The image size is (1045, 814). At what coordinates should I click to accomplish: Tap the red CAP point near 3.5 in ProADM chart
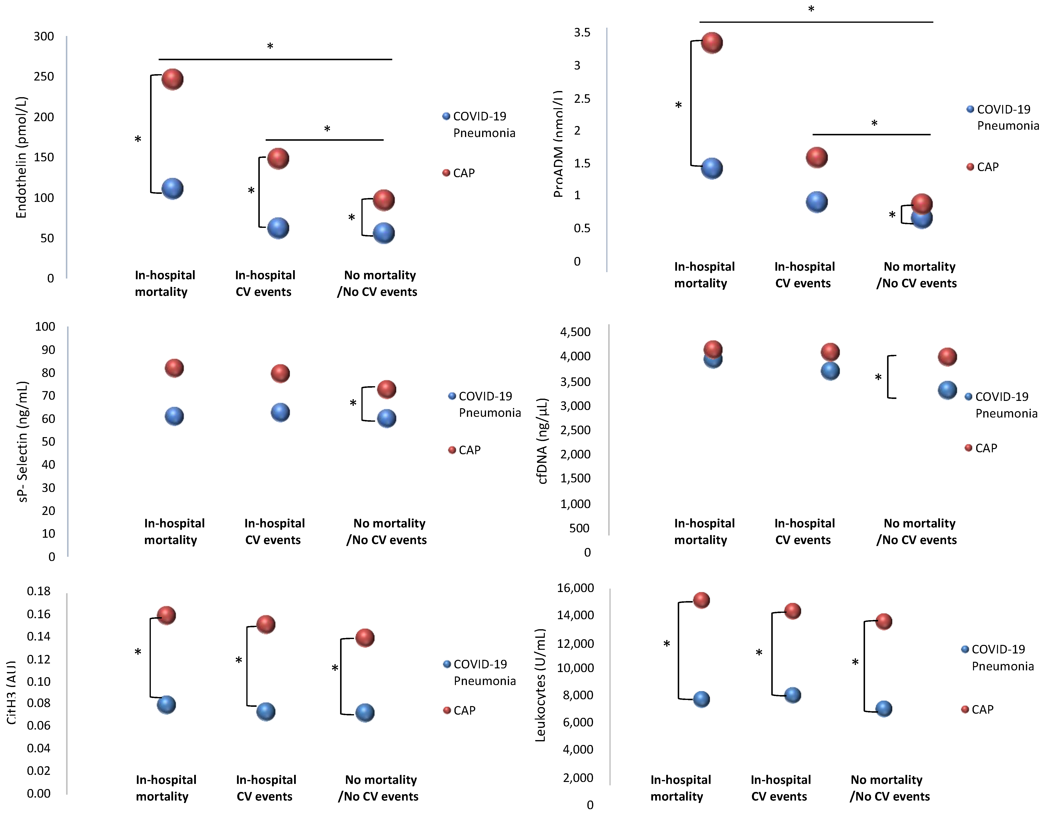pos(712,43)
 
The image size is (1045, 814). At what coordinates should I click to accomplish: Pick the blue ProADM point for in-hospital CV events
pos(816,202)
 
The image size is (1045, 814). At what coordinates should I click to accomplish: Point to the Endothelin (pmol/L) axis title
pos(21,158)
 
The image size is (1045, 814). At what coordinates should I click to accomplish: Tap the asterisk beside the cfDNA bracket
pos(878,378)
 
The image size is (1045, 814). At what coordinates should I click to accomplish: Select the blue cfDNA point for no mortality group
pos(947,390)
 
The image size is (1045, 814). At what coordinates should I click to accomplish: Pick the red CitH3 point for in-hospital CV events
pos(266,624)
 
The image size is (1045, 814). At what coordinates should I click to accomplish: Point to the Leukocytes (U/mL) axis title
pos(540,685)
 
